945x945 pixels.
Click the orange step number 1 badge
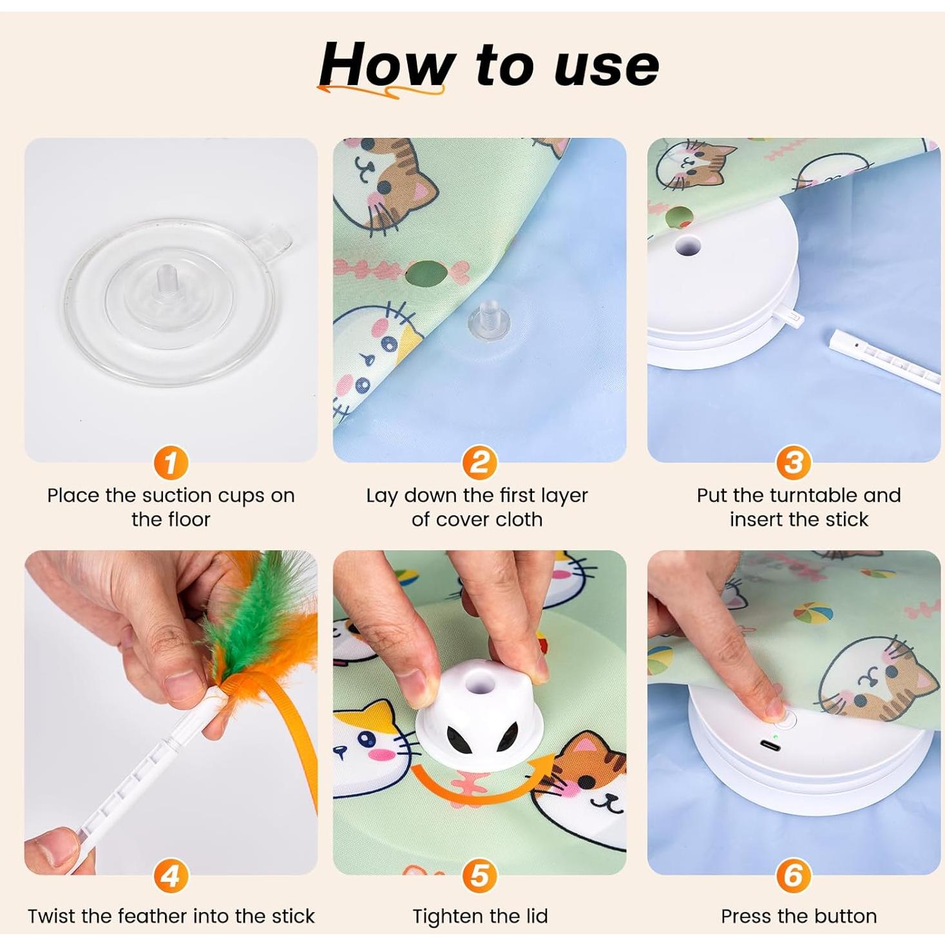pos(170,462)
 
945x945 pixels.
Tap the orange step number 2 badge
pos(479,462)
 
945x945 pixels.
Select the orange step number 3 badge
pos(794,462)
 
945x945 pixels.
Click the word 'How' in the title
pos(386,64)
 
